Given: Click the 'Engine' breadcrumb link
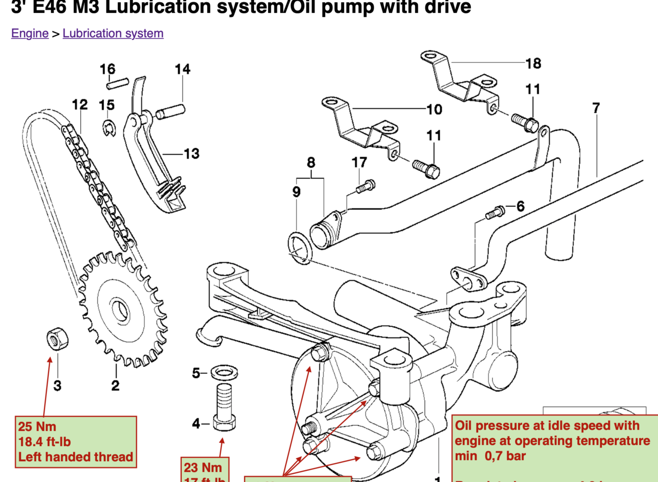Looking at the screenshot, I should pos(30,33).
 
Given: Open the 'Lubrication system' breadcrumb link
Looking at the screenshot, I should pos(113,33).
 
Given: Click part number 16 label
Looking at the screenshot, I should pos(108,69).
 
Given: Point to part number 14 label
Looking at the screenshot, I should pos(182,69).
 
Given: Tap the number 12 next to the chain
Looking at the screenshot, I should pos(80,104).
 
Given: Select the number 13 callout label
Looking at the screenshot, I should pos(191,154).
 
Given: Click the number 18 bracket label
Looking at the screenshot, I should pos(533,63).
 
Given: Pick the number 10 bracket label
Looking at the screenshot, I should pos(434,110).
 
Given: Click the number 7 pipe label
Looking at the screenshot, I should pos(596,108).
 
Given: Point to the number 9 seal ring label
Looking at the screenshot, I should pos(296,191).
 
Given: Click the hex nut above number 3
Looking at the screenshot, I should pos(55,340).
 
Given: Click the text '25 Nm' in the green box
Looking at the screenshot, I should pos(37,427).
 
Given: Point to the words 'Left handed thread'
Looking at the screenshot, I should pos(75,457).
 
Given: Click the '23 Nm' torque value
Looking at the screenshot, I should pos(203,466).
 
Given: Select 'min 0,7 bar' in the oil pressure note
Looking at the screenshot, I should pos(491,456).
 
